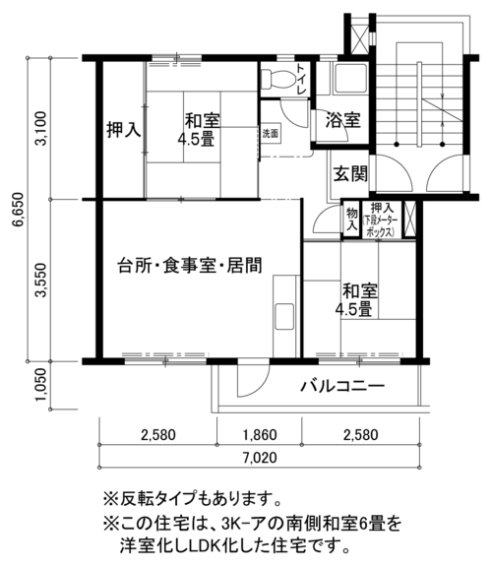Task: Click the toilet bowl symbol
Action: (x=277, y=79)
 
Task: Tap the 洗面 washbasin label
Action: (x=270, y=133)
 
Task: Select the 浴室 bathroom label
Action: (x=342, y=120)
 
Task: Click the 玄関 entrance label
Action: (x=350, y=174)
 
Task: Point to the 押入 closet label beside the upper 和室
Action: (x=124, y=130)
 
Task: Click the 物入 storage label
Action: (x=351, y=220)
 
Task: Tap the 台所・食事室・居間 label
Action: (x=190, y=266)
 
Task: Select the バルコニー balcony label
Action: (x=342, y=387)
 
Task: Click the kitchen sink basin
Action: (x=284, y=316)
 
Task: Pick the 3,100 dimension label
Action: (x=41, y=128)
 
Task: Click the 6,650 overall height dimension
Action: (x=18, y=209)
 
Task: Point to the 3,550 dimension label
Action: (x=41, y=281)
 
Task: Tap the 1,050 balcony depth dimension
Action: (x=41, y=384)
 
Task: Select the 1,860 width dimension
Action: (x=260, y=434)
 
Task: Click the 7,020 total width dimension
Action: (x=260, y=458)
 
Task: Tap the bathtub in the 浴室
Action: (x=350, y=79)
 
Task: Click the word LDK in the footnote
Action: (x=205, y=545)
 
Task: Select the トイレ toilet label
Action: (x=301, y=79)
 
